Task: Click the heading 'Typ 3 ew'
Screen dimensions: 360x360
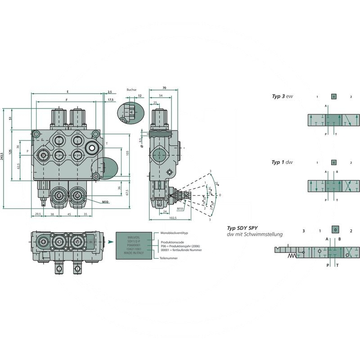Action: pyautogui.click(x=282, y=96)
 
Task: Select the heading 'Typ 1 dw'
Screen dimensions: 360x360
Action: pyautogui.click(x=282, y=162)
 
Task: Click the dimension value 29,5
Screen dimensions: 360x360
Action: pyautogui.click(x=38, y=215)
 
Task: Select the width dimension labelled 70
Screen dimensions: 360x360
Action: pyautogui.click(x=164, y=88)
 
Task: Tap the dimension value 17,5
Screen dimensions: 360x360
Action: pyautogui.click(x=110, y=99)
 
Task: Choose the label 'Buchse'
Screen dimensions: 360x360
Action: pyautogui.click(x=131, y=90)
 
